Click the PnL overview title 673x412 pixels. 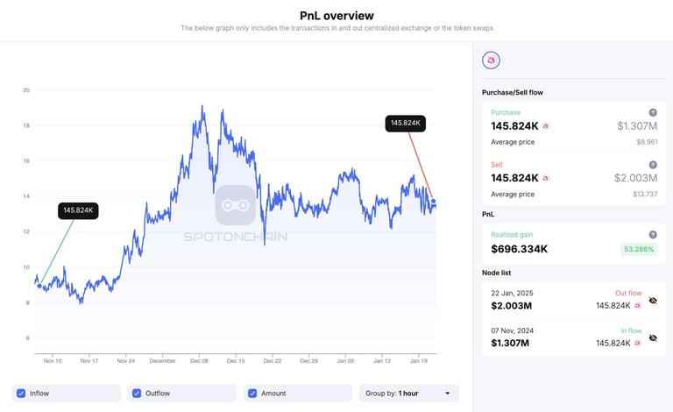coord(336,15)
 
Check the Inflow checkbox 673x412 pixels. coord(22,394)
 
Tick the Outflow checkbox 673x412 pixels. coord(137,394)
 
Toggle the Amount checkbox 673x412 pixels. coord(251,394)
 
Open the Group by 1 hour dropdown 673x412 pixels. coord(408,394)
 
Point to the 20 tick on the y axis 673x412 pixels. coord(26,90)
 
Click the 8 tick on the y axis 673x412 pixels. coord(26,302)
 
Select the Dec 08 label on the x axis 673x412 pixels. coord(199,360)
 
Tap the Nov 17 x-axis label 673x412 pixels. coord(89,360)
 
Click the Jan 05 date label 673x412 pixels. coord(345,360)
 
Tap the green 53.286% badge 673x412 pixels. coord(640,249)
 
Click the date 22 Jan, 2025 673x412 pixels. coord(512,292)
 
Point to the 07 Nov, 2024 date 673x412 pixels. coord(513,330)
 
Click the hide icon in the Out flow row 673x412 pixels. coord(652,301)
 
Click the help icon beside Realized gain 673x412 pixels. coord(652,234)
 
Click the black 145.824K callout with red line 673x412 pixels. coord(405,124)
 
